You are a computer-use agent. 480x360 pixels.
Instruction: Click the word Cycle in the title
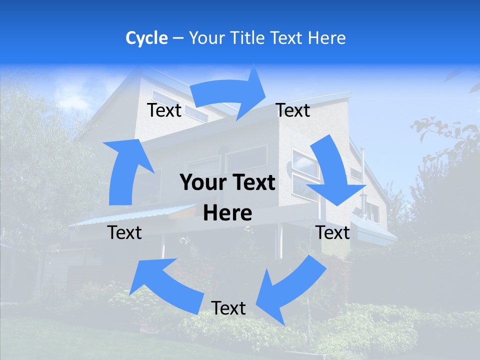146,38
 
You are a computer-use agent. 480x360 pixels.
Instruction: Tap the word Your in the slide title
206,38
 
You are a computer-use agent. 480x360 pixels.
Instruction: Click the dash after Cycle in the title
178,38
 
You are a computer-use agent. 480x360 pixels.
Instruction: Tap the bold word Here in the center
227,213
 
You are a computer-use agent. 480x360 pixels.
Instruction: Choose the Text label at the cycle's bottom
228,308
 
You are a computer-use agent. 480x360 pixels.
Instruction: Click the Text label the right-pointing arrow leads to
293,110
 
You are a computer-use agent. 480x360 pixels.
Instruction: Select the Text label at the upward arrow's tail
125,232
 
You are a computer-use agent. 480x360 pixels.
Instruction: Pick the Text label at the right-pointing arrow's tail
164,110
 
